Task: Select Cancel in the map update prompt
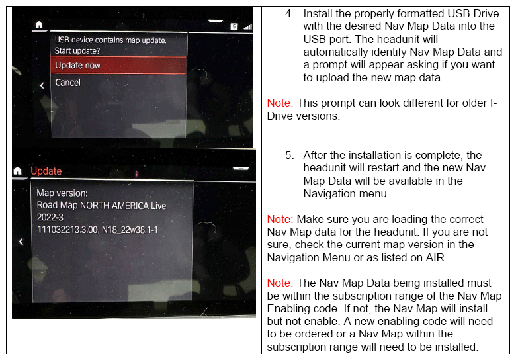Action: (67, 82)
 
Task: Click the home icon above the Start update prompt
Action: (39, 24)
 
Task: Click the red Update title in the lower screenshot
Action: (46, 171)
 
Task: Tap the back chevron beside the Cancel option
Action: (42, 85)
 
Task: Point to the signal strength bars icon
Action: (247, 26)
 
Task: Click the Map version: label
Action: (62, 193)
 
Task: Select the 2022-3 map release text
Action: (50, 217)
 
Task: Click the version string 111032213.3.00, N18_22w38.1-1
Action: (97, 230)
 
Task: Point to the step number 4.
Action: (290, 13)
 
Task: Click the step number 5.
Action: (290, 155)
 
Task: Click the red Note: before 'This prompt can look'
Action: (280, 103)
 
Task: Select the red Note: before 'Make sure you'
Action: (280, 219)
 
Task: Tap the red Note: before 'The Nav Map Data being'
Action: (280, 283)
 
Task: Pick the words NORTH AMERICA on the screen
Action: (114, 206)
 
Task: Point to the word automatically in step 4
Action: (335, 52)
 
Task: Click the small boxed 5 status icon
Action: (234, 26)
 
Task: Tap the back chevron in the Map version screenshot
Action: (21, 242)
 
